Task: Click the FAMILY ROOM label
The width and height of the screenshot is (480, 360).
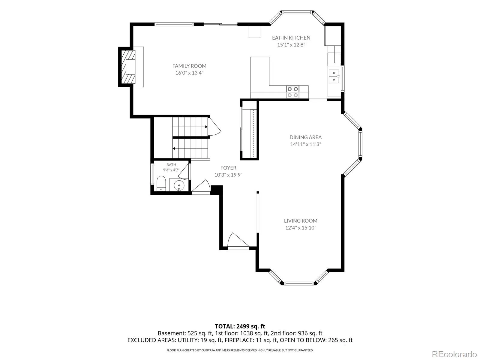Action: click(189, 66)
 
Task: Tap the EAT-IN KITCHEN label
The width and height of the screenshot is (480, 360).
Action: click(291, 37)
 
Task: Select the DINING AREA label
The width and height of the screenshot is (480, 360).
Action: click(305, 137)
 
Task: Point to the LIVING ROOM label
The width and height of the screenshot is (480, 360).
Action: click(301, 221)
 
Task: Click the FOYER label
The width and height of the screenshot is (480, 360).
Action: click(228, 168)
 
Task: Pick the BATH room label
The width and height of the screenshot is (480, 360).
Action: click(171, 165)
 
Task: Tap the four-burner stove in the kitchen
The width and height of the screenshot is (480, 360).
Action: click(292, 92)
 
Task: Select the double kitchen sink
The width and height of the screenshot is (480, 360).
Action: click(334, 76)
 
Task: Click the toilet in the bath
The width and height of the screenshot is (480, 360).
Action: click(161, 183)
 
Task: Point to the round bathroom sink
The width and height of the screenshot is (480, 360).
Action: click(179, 186)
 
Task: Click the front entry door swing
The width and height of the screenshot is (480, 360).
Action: click(238, 240)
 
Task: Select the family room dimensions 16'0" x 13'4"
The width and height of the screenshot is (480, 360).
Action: click(189, 73)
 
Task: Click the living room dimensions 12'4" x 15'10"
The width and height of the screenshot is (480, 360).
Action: click(301, 228)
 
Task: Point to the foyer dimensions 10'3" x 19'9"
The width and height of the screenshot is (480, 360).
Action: click(228, 175)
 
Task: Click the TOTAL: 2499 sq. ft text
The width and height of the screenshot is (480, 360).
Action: click(240, 326)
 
